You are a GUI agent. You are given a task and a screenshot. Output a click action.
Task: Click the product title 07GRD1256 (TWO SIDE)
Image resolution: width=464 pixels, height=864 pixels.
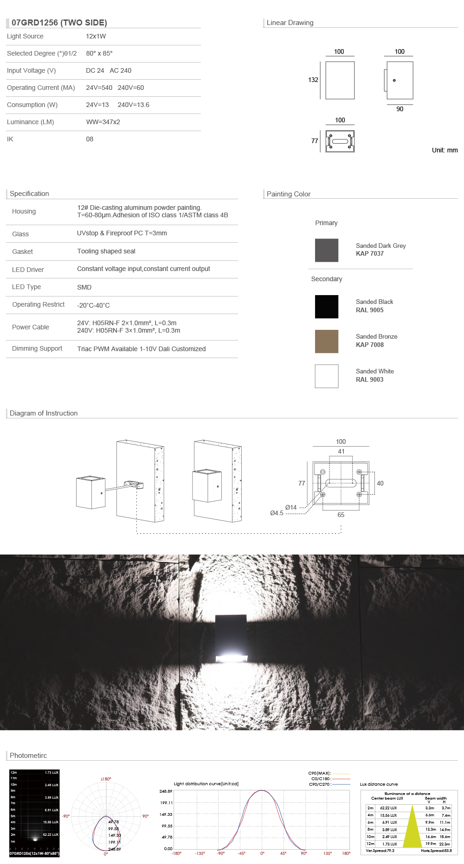coord(59,23)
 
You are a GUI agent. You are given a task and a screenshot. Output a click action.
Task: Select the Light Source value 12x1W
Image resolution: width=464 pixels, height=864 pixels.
coord(96,36)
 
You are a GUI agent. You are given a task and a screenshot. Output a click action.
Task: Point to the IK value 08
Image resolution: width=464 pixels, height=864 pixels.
coord(90,139)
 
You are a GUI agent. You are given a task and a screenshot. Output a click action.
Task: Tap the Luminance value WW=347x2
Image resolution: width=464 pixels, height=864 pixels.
coord(103,122)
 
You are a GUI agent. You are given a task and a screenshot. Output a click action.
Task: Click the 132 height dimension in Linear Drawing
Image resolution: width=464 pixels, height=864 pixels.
coord(313,80)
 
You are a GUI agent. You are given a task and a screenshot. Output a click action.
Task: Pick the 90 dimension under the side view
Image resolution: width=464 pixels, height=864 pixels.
coord(400,109)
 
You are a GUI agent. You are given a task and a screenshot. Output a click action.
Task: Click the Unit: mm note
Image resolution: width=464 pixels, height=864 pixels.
coord(445,150)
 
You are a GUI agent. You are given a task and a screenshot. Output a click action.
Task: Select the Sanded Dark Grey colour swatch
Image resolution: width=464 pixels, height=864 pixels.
coord(327,250)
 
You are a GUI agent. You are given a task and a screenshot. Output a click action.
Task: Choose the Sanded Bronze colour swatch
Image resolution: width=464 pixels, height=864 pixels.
coord(327,341)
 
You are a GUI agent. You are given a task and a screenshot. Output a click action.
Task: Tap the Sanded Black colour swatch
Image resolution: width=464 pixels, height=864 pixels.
coord(327,307)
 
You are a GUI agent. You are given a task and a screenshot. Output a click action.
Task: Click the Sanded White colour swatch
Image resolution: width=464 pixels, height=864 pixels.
coord(327,376)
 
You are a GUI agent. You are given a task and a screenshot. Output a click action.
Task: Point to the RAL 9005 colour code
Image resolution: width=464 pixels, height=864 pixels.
coord(369,310)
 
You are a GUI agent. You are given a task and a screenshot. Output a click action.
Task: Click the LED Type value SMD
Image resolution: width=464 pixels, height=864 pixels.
coord(84,287)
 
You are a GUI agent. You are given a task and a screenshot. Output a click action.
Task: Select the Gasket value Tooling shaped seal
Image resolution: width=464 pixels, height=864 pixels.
coord(106,251)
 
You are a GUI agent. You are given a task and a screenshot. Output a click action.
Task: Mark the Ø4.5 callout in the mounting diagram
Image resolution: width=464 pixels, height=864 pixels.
coord(277,513)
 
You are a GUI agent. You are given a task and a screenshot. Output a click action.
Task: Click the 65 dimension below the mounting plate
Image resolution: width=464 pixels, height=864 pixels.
coord(341,515)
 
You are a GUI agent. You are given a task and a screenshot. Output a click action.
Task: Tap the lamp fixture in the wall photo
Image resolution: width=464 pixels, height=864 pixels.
coord(231,638)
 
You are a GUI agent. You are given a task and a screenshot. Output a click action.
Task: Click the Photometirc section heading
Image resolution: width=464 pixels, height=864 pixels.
coord(28,756)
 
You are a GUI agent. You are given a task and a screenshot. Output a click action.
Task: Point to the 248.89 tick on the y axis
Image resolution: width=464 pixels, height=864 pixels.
coord(166,791)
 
